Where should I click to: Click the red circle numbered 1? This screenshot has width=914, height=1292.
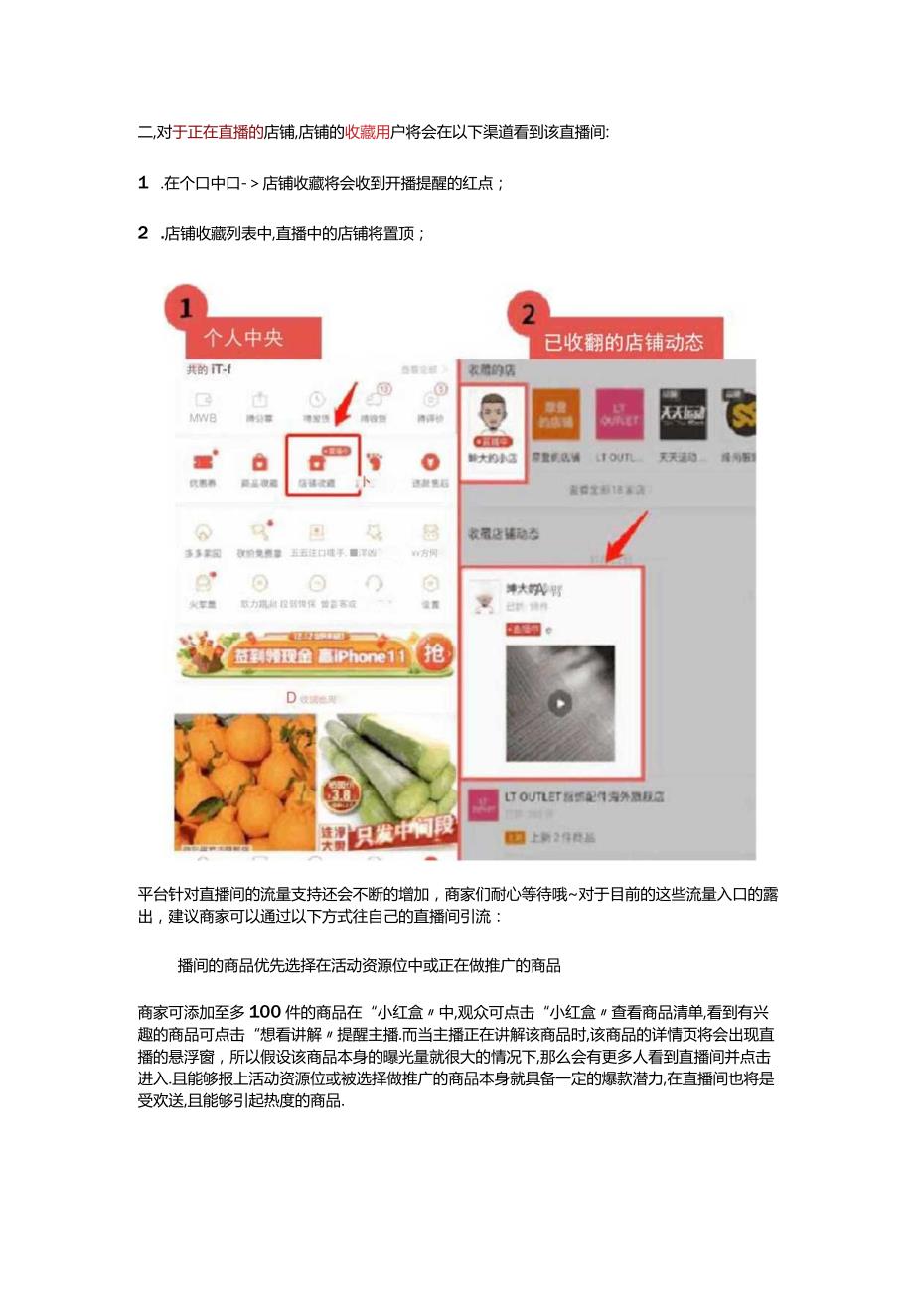(x=187, y=307)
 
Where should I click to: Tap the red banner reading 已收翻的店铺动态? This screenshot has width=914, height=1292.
(x=624, y=342)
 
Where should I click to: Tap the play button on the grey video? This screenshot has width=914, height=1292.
(x=560, y=703)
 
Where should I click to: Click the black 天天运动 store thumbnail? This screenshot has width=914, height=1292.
(x=683, y=415)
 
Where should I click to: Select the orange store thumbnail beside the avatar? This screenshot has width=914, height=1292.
(x=556, y=415)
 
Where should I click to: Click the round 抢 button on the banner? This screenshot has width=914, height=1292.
(x=435, y=654)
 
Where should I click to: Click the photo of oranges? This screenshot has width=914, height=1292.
(x=244, y=780)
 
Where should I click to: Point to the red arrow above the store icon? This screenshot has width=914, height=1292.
(x=343, y=407)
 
